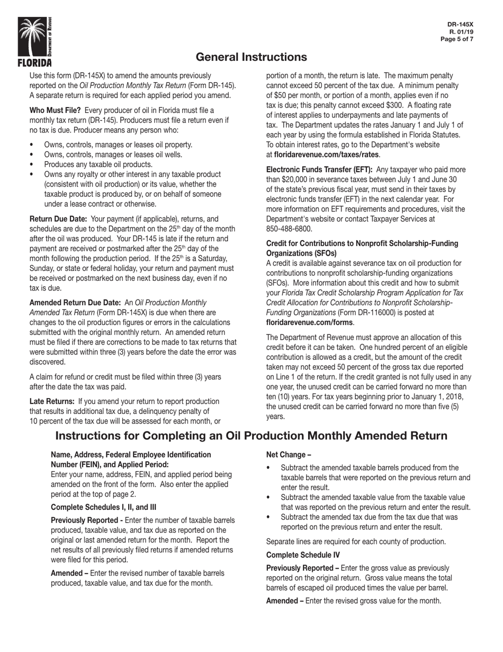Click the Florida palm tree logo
click(x=35, y=41)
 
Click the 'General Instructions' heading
click(x=251, y=57)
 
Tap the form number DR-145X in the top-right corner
click(x=460, y=24)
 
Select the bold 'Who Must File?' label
click(x=55, y=110)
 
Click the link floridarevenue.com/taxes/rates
click(x=326, y=155)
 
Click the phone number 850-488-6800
click(x=289, y=229)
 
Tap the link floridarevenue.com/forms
click(x=310, y=322)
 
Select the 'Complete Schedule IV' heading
click(x=303, y=555)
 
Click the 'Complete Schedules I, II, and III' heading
click(x=103, y=507)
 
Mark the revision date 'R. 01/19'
click(x=461, y=32)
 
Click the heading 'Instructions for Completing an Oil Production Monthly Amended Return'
click(x=251, y=436)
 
